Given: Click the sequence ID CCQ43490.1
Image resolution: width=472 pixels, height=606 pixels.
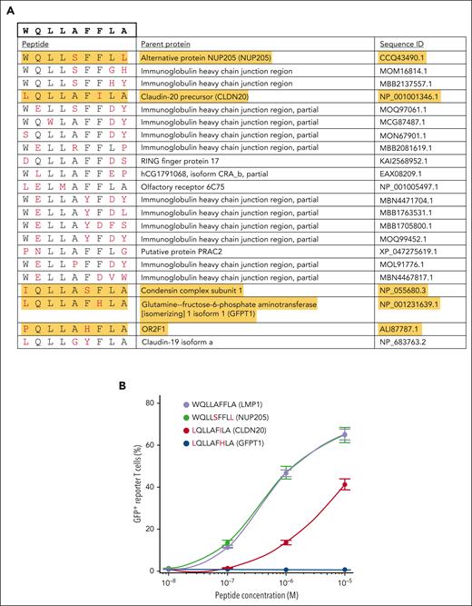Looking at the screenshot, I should pos(408,56).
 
